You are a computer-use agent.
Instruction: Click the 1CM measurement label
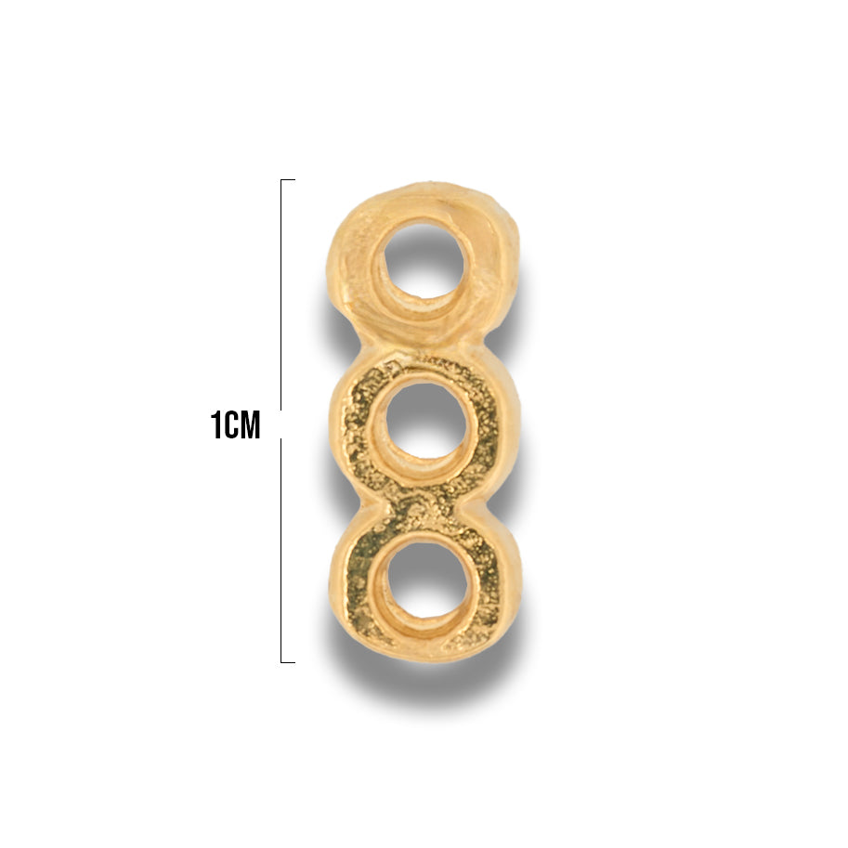click(235, 424)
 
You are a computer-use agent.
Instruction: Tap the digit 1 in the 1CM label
click(215, 424)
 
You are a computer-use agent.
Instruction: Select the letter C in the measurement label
click(229, 424)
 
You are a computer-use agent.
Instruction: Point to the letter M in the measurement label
click(249, 424)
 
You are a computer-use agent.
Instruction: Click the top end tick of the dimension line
click(288, 179)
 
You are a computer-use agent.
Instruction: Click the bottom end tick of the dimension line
click(288, 662)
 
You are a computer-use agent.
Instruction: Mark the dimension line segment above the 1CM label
click(281, 294)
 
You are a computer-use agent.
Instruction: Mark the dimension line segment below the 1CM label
click(281, 551)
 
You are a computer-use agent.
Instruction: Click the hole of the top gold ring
click(424, 258)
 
